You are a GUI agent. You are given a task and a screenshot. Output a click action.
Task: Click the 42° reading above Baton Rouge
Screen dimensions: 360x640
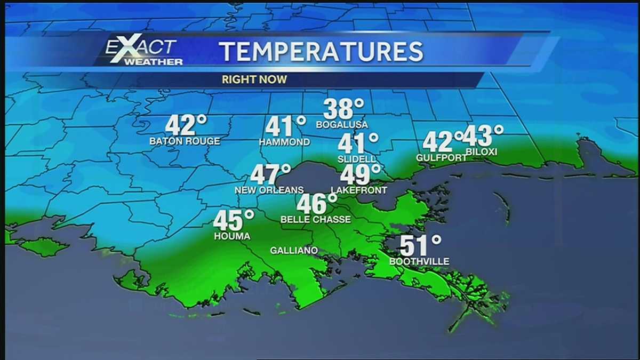(185, 126)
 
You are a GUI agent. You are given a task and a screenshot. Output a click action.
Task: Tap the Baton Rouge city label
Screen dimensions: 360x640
(185, 141)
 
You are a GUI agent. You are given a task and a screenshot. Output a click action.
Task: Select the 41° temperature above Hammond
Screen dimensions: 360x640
(285, 127)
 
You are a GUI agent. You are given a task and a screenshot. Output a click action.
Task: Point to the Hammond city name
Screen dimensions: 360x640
(284, 142)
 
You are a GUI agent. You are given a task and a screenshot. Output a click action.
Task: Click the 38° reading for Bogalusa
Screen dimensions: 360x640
(343, 109)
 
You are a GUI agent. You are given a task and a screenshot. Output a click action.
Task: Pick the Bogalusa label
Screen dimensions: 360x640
(342, 125)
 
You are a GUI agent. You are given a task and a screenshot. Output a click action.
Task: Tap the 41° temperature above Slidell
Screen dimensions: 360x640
(357, 143)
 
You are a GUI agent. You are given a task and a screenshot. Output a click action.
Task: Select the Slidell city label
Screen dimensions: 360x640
(357, 159)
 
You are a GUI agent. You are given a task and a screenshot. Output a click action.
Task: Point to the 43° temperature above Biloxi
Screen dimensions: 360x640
(482, 136)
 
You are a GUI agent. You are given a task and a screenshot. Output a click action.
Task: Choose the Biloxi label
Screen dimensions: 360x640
(481, 152)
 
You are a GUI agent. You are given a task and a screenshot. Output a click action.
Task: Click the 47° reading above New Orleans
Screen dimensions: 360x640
(270, 174)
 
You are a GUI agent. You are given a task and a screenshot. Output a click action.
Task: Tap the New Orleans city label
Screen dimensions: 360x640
(269, 190)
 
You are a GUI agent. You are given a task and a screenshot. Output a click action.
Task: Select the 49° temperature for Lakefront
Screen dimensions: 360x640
(360, 174)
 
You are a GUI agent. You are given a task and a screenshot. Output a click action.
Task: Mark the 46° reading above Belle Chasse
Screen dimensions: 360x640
(317, 204)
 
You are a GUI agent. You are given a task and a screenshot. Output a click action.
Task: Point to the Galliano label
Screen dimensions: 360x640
(294, 250)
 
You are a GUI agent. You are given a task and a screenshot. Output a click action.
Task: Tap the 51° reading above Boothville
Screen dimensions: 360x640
(420, 246)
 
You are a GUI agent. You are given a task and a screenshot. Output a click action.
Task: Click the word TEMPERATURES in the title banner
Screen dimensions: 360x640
(322, 51)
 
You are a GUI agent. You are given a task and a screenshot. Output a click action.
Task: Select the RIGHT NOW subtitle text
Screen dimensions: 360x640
(254, 79)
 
